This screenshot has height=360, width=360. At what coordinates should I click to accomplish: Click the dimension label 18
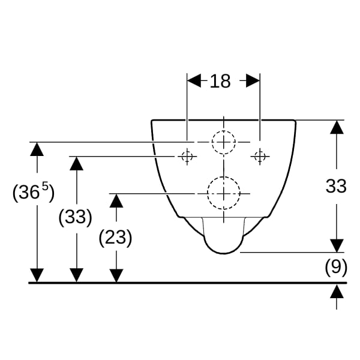pos(220,81)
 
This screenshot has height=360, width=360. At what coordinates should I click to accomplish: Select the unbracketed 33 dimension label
pos(336,186)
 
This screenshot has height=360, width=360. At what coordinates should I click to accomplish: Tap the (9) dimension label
pos(336,267)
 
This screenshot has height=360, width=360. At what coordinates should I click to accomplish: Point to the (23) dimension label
pos(115,238)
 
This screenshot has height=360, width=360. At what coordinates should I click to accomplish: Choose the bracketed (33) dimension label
pos(76,217)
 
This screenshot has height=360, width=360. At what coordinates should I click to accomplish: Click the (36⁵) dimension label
pos(34,193)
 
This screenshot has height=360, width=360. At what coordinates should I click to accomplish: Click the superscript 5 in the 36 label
pos(46,187)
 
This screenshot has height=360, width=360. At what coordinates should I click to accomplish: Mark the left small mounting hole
pos(187,157)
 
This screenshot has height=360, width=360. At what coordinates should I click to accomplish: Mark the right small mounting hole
pos(260,157)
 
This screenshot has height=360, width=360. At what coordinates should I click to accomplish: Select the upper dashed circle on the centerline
pos(224,131)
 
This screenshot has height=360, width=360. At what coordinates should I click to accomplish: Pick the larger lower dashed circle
pos(224,177)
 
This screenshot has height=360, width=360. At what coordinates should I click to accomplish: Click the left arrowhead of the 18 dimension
pos(194,80)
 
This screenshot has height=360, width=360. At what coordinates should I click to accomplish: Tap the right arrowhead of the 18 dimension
pos(253,80)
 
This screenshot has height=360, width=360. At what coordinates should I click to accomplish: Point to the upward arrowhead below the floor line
pos(337,291)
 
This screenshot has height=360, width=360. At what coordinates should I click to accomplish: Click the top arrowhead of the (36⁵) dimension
pos(37,149)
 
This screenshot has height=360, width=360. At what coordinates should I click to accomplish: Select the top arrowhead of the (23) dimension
pos(116,200)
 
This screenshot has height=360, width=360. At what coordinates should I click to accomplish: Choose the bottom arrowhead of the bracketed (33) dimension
pos(76,275)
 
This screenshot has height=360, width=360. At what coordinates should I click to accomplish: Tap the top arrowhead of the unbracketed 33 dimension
pos(337,127)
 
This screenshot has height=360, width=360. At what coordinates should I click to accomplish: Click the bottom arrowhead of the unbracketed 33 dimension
pos(337,245)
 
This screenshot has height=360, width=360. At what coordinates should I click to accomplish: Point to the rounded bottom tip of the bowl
pos(224,253)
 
